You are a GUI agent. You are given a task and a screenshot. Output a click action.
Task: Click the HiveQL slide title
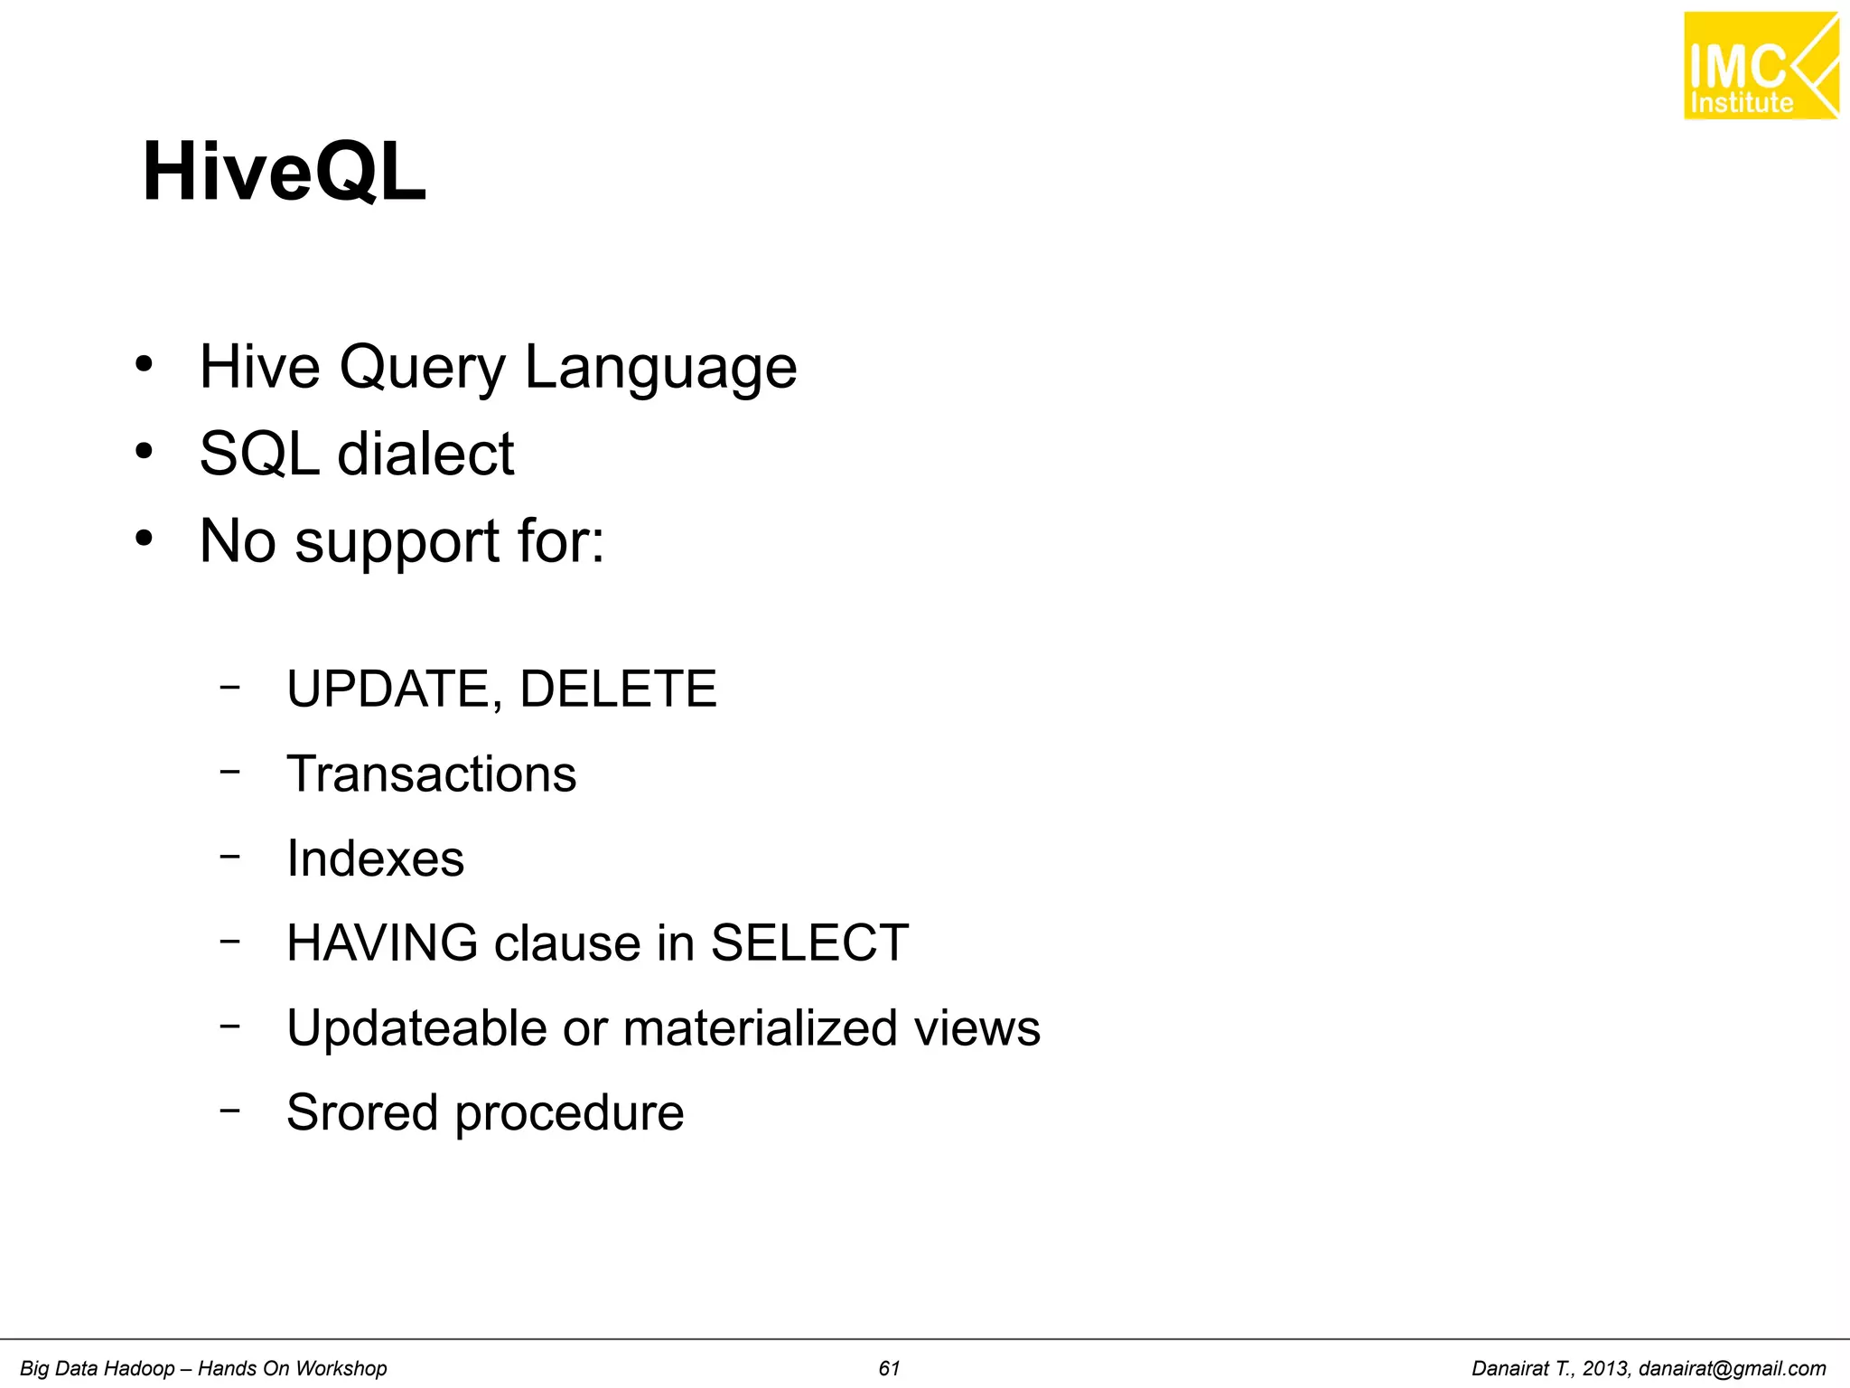coord(284,172)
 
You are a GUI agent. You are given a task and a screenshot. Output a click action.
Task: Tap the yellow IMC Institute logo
coord(1760,66)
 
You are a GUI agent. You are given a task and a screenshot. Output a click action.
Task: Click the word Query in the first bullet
coord(422,369)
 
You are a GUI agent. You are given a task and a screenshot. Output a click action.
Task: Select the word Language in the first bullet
coord(660,369)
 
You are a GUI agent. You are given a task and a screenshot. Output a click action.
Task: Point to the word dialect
coord(425,454)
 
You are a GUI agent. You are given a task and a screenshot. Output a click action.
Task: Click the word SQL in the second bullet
coord(258,454)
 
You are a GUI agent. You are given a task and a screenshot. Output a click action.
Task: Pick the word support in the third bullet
coord(397,542)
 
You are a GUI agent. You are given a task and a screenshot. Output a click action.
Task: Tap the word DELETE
coord(618,689)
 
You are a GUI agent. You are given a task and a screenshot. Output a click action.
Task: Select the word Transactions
coord(431,774)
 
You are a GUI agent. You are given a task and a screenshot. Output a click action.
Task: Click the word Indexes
coord(375,858)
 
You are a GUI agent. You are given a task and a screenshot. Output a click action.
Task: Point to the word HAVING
coord(382,943)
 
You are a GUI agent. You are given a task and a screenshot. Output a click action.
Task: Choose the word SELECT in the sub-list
coord(809,943)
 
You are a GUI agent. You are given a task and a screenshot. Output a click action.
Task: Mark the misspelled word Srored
coord(361,1112)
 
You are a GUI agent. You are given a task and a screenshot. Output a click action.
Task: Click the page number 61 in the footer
coord(889,1368)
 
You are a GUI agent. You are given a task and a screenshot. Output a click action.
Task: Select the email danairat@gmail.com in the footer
coord(1732,1368)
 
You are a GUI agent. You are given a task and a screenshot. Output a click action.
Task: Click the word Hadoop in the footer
coord(142,1368)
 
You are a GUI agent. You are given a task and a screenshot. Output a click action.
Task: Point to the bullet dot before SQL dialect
coord(144,450)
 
